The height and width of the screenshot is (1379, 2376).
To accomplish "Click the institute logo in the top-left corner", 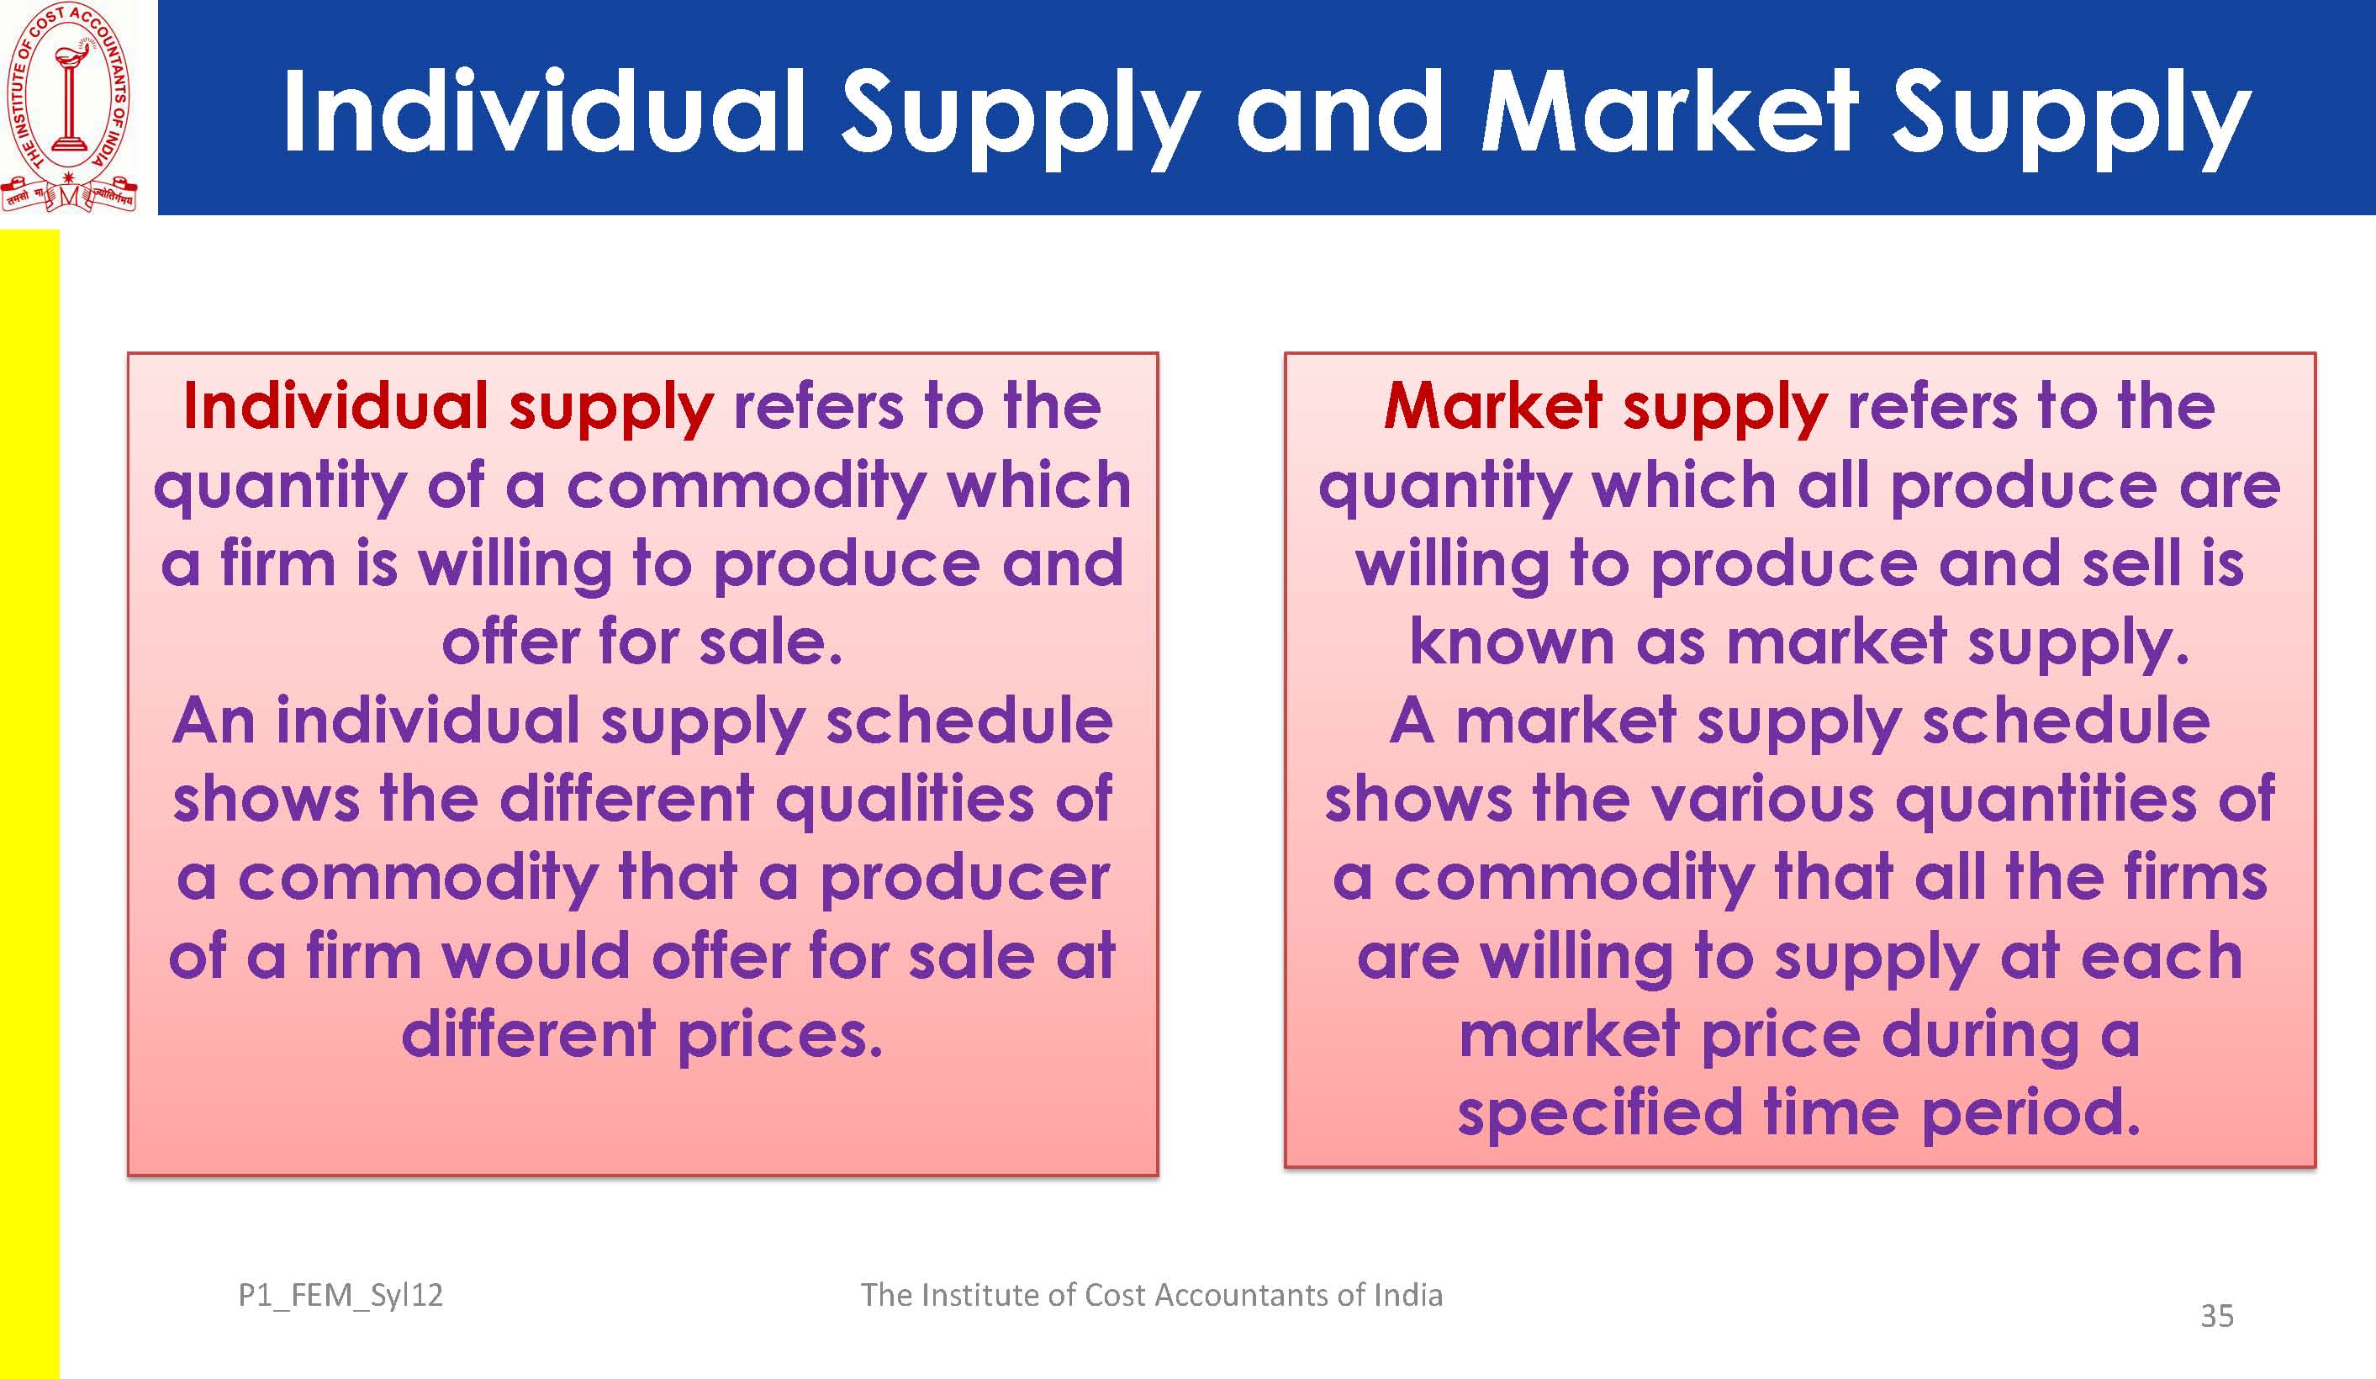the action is pos(69,108).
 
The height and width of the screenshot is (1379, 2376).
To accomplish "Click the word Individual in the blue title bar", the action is pos(544,111).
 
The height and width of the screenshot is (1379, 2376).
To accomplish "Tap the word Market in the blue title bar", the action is pos(1670,111).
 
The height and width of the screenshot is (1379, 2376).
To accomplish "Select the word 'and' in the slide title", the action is pos(1340,111).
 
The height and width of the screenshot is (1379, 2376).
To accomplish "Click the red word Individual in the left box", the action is pos(335,406).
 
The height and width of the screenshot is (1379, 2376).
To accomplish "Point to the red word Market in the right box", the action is pos(1493,406).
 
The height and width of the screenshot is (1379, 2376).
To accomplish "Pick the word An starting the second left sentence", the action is pos(214,721).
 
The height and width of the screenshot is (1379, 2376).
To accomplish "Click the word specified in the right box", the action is pos(1600,1115).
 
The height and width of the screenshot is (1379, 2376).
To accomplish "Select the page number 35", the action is pos(2216,1316).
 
